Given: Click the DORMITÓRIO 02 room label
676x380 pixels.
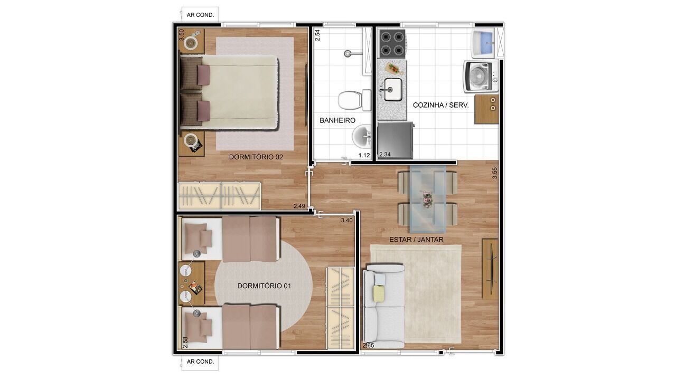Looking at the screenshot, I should coord(256,157).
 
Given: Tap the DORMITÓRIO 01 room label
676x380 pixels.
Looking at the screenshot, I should coord(265,286).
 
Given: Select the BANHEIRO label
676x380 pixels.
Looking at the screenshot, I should coord(337,120).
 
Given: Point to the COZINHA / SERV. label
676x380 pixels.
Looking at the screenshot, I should coord(440,105).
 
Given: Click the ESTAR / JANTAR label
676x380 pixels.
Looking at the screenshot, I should coord(416,240).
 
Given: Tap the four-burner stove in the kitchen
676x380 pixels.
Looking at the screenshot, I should coord(391,44).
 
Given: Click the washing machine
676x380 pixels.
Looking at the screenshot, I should coord(481,77).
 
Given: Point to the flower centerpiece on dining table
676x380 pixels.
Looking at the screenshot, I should coord(427,199).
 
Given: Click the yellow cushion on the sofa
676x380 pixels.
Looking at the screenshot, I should coord(379,293).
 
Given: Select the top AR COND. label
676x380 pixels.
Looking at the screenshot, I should coord(200,15).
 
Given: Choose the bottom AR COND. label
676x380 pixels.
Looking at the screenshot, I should coord(200,362).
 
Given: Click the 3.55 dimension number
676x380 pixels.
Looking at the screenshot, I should coord(495,173).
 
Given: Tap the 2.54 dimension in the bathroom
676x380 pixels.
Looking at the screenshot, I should coord(317,35).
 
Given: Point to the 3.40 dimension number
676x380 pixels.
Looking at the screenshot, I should coord(347,220).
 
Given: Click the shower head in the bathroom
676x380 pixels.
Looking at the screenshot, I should coord(348,53).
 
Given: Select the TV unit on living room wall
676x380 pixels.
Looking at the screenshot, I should coord(491,268).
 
